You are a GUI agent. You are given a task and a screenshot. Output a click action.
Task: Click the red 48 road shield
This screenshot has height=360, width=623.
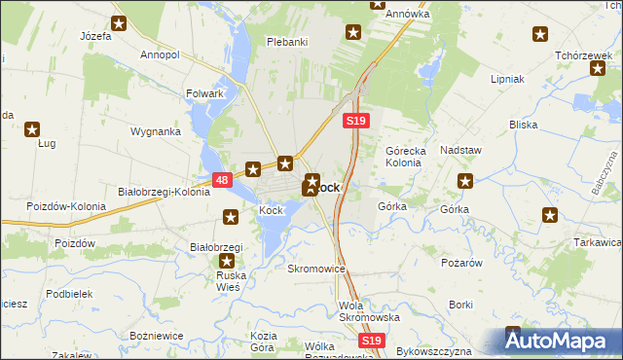221,180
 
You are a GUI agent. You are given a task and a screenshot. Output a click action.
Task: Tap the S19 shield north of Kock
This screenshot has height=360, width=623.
355,120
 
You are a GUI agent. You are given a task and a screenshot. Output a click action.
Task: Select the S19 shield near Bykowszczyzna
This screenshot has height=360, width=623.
370,341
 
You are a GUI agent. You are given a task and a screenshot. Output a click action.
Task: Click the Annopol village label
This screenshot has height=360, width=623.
160,55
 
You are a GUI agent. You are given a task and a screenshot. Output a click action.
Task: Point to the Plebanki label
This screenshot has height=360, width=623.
287,42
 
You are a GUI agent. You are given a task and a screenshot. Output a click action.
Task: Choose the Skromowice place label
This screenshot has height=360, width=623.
316,268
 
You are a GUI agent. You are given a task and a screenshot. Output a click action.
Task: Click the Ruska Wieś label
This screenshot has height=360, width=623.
232,281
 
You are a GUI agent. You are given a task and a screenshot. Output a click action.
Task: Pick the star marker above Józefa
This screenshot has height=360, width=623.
119,23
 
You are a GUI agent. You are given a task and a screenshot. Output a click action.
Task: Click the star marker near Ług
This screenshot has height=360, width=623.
32,128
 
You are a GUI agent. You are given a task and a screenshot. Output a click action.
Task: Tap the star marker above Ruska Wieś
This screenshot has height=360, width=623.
228,262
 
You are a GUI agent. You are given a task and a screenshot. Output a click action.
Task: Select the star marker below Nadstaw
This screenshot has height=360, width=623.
466,180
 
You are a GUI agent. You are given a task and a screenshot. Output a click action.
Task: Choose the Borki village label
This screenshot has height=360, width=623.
460,305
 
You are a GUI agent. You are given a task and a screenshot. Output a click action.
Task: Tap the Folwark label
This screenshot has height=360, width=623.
204,93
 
